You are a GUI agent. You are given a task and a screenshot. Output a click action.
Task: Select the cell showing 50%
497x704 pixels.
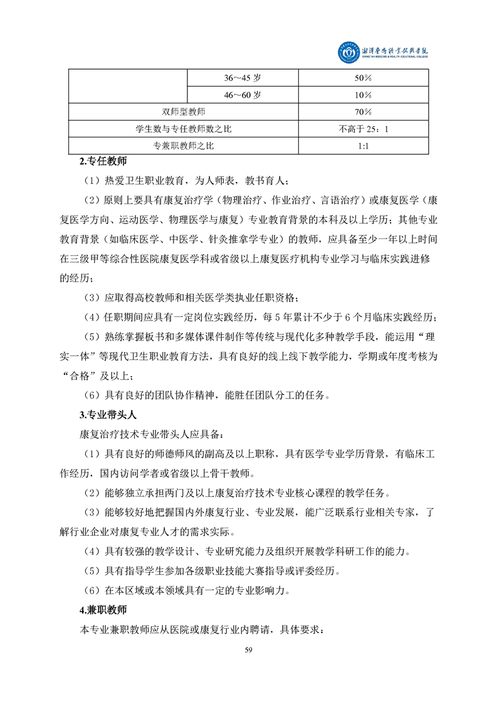pyautogui.click(x=364, y=78)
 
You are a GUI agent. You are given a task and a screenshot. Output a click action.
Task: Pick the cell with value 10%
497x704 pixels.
pyautogui.click(x=364, y=95)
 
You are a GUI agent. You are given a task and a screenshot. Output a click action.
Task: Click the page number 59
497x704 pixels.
pyautogui.click(x=248, y=649)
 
